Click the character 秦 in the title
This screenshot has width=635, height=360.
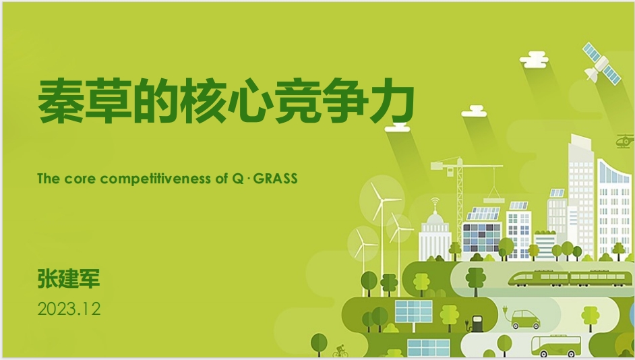point(61,101)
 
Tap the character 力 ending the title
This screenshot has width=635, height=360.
point(392,101)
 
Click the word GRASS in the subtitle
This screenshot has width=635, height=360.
point(276,179)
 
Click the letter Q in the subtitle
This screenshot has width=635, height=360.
point(238,179)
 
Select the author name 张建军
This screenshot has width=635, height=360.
point(69,278)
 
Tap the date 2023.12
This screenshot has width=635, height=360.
point(69,309)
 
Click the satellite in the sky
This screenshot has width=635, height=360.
point(601,64)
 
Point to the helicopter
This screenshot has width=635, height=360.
point(624,141)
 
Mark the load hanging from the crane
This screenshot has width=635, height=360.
point(493,198)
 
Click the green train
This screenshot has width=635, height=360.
point(570,278)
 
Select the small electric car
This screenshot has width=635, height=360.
point(525,319)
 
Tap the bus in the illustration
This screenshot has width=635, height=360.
point(555,346)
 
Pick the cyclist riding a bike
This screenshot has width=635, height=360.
point(340,351)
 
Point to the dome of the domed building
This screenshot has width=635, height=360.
point(435,218)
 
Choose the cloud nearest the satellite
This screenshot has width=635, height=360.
point(534,59)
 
